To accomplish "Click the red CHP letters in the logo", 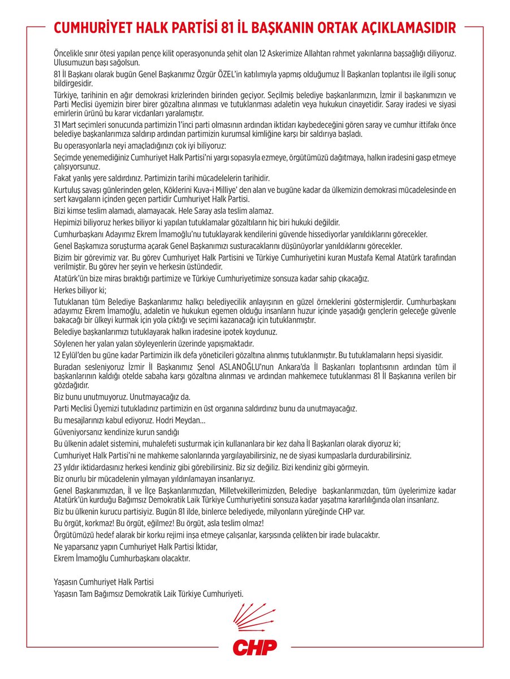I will pyautogui.click(x=254, y=647).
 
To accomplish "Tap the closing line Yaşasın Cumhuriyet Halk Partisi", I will pyautogui.click(x=103, y=582).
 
